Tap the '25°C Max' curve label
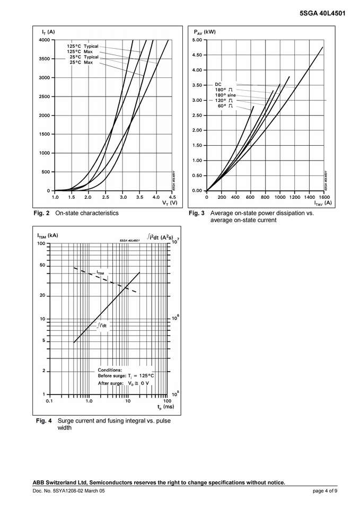click(x=81, y=63)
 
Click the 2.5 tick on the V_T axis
click(x=106, y=197)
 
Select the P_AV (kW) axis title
click(x=205, y=32)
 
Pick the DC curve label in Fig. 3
click(x=218, y=84)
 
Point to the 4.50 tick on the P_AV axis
click(x=197, y=55)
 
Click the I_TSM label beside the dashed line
click(x=100, y=273)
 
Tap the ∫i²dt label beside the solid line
click(x=102, y=325)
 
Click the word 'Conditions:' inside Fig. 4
click(x=110, y=370)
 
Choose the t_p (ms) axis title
click(x=165, y=407)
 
